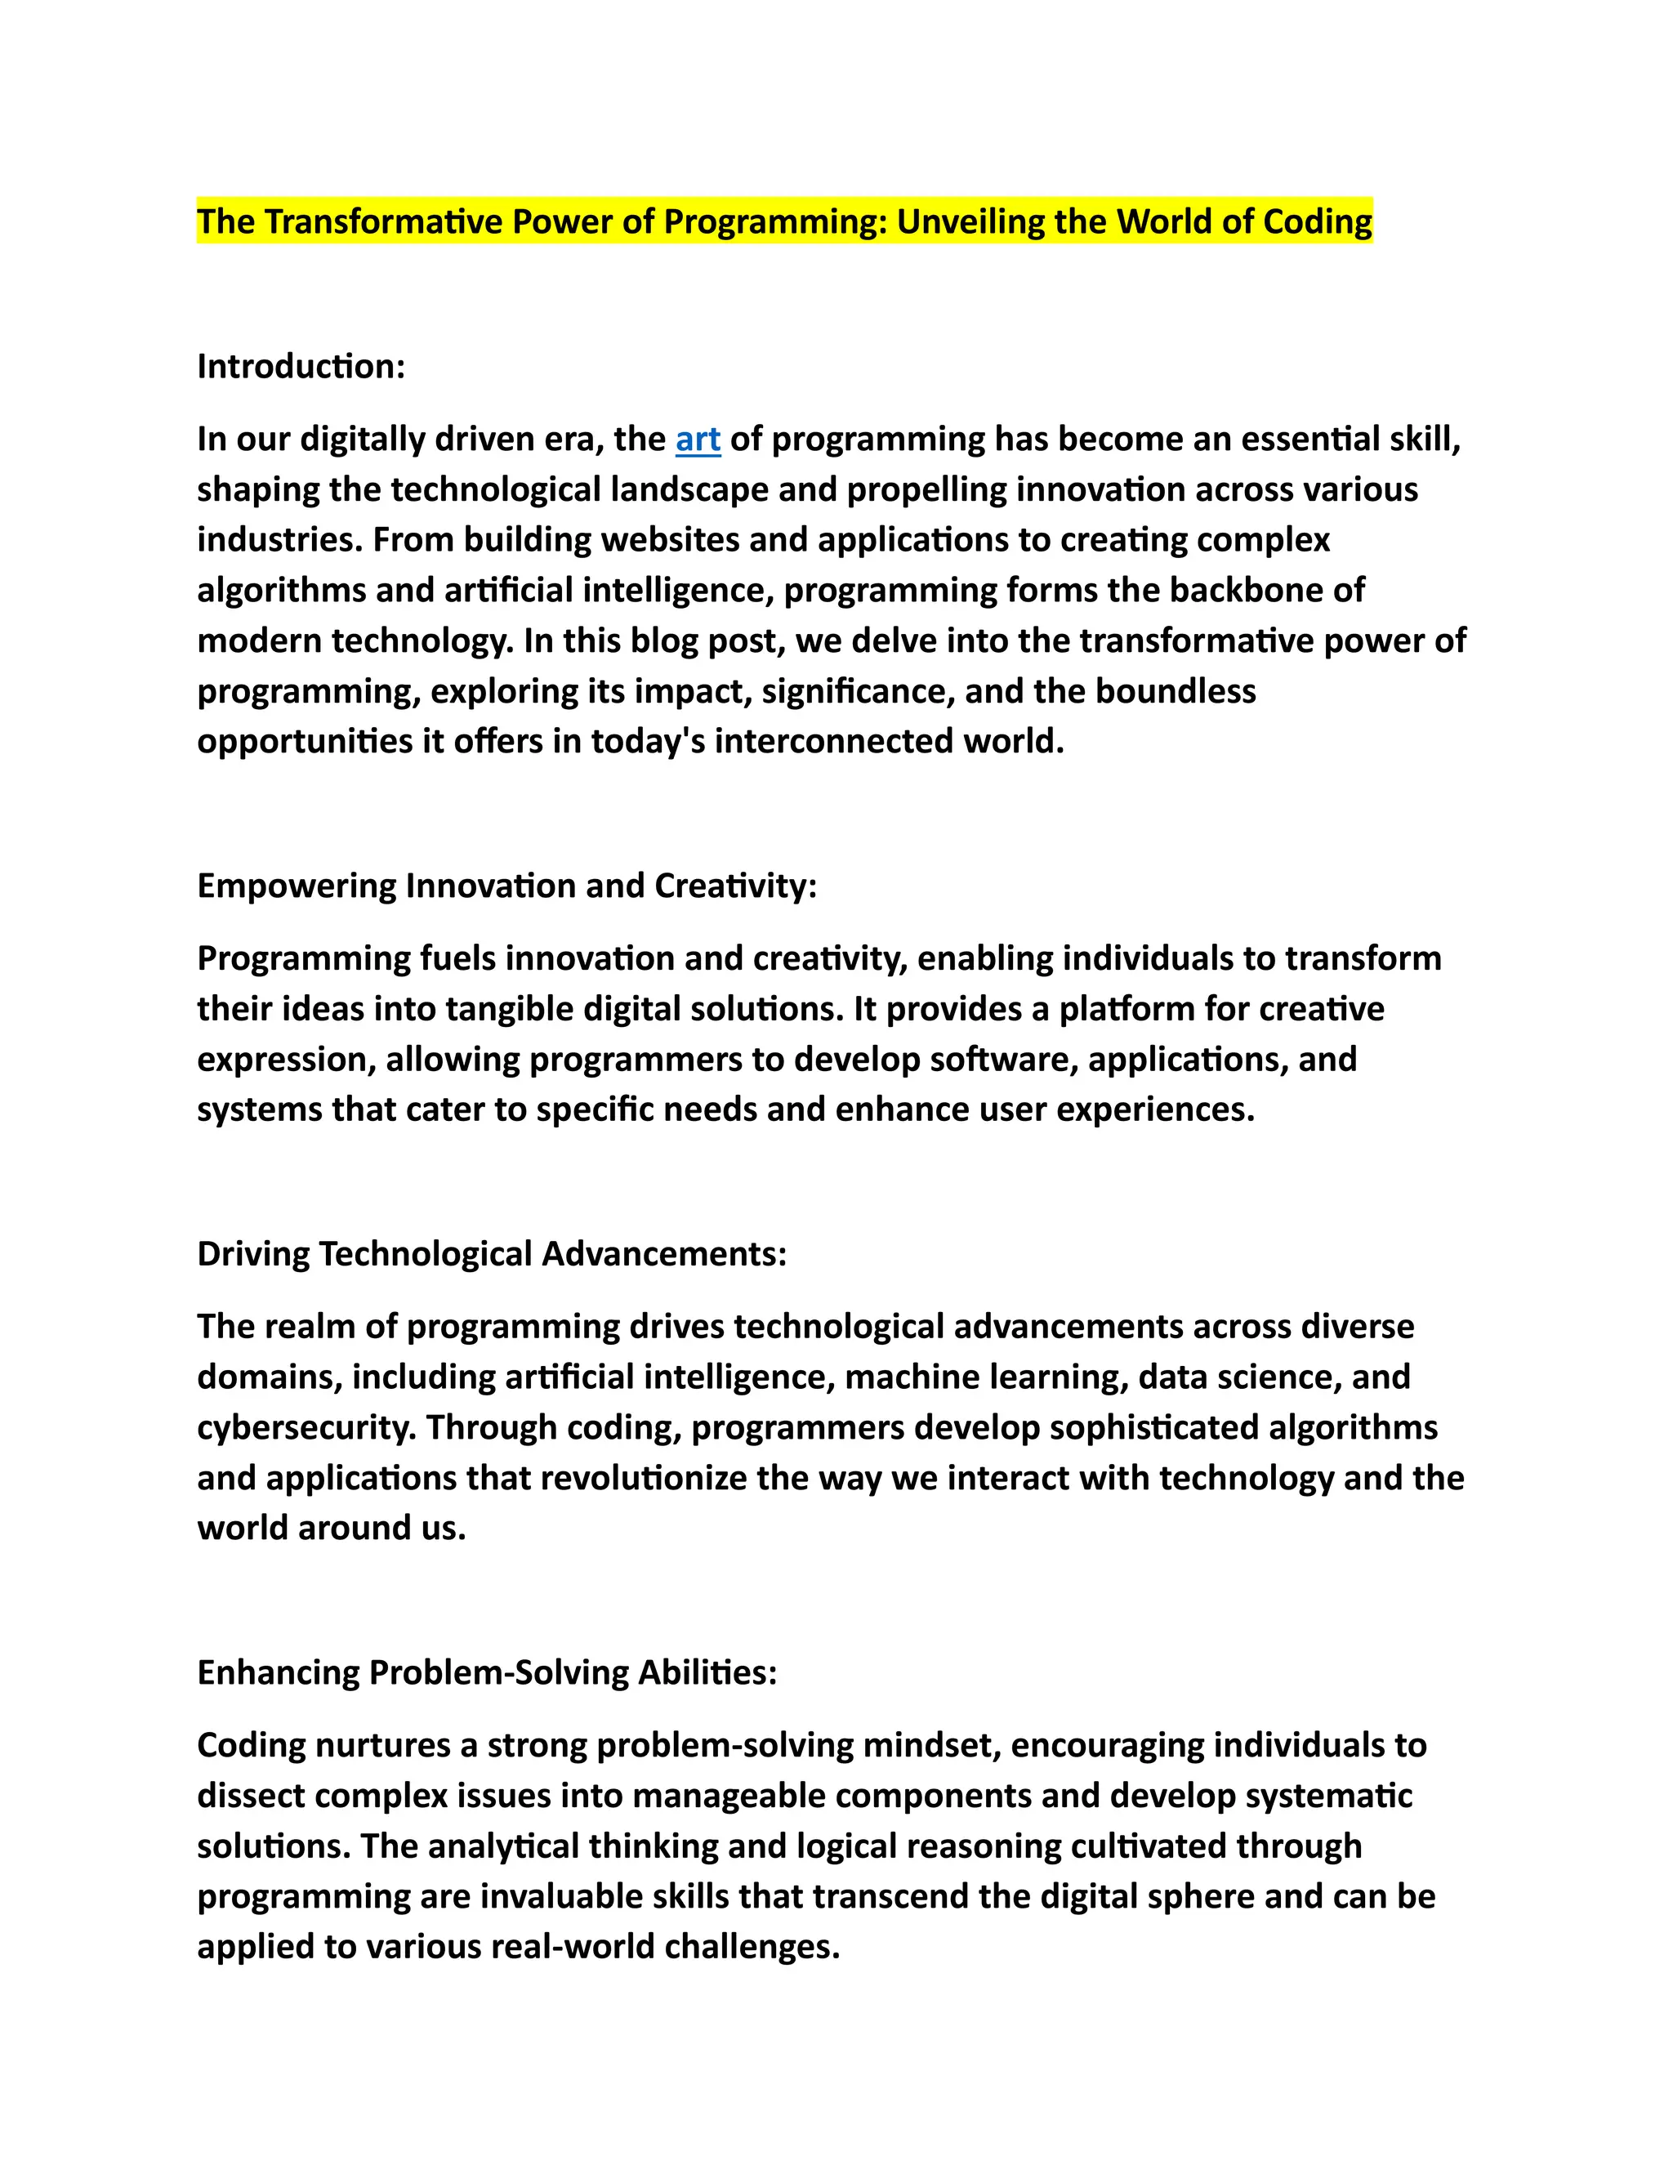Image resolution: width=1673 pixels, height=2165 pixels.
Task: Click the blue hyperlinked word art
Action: pos(698,440)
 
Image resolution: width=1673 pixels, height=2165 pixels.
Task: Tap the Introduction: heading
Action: pos(301,367)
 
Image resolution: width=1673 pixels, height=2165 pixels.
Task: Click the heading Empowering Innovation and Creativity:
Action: pos(506,886)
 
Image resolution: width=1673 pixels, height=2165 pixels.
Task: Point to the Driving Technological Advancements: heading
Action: pos(492,1254)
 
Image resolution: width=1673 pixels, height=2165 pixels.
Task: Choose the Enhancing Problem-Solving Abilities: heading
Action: pos(487,1672)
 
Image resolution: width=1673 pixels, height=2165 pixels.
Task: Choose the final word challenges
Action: pos(752,1947)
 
